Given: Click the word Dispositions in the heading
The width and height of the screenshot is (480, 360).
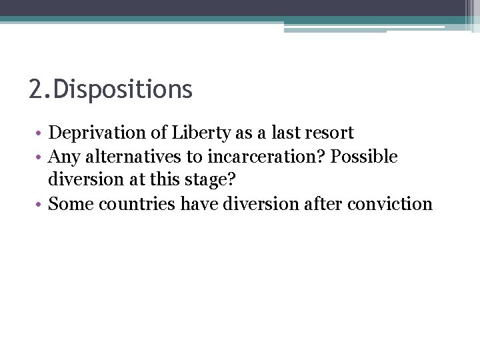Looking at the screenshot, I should [x=123, y=89].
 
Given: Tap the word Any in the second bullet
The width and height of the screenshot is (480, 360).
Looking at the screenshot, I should [x=63, y=157].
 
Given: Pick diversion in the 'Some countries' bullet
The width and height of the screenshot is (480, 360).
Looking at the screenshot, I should [x=261, y=203].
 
